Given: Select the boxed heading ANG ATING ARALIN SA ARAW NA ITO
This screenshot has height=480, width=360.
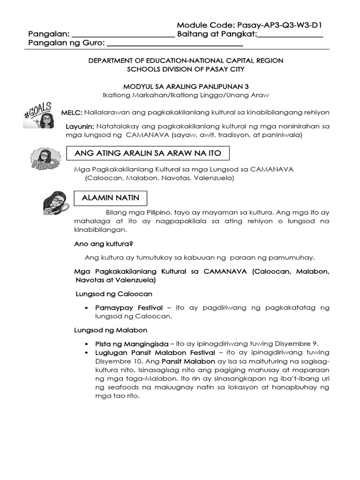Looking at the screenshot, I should point(148,153).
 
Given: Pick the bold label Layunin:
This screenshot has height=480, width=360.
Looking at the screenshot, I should point(80,127).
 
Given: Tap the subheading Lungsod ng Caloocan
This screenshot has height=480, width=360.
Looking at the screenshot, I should point(114,294).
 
